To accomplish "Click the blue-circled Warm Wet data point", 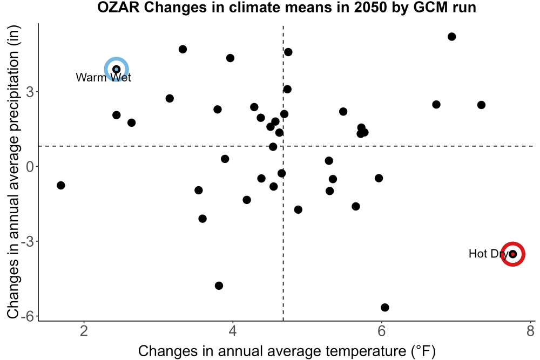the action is [117, 70].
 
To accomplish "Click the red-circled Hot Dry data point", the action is [513, 254].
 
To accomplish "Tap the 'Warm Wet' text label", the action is [103, 77].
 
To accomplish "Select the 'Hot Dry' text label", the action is [488, 254].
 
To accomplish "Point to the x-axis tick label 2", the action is [84, 331].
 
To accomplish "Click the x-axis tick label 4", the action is [233, 331].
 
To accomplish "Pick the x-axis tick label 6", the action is [382, 331].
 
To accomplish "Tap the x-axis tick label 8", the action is [530, 331].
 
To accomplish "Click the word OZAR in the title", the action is [118, 8].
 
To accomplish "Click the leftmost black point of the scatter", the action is [61, 186].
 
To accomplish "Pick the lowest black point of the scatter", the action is [385, 307].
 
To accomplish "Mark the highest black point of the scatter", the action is [452, 37].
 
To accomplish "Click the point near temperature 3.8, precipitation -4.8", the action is [219, 286].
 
